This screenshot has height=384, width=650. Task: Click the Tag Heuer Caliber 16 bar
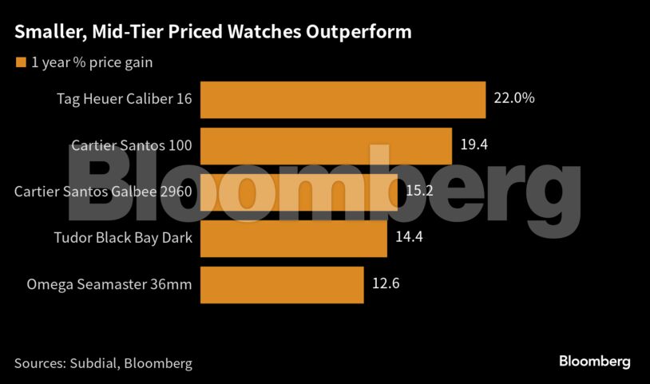pyautogui.click(x=343, y=100)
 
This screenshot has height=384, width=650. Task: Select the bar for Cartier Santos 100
pyautogui.click(x=326, y=146)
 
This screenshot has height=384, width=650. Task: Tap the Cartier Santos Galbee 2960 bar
pyautogui.click(x=299, y=192)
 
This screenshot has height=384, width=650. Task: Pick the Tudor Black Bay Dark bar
pyautogui.click(x=293, y=238)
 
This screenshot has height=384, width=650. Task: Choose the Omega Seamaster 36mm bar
pyautogui.click(x=282, y=284)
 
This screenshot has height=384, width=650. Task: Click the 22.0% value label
pyautogui.click(x=514, y=100)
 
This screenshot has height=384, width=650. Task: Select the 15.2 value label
pyautogui.click(x=419, y=192)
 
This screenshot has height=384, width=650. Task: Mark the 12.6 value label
pyautogui.click(x=385, y=284)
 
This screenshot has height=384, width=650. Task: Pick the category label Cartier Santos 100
pyautogui.click(x=131, y=146)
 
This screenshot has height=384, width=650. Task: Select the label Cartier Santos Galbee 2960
pyautogui.click(x=104, y=192)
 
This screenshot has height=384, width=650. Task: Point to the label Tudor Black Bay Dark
pyautogui.click(x=122, y=238)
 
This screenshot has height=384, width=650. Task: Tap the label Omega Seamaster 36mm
pyautogui.click(x=109, y=284)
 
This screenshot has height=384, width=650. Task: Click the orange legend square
pyautogui.click(x=20, y=62)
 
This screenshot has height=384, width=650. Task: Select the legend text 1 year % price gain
pyautogui.click(x=92, y=62)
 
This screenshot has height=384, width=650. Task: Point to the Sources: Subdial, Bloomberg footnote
pyautogui.click(x=103, y=363)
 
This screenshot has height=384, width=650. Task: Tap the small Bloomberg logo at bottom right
pyautogui.click(x=594, y=362)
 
